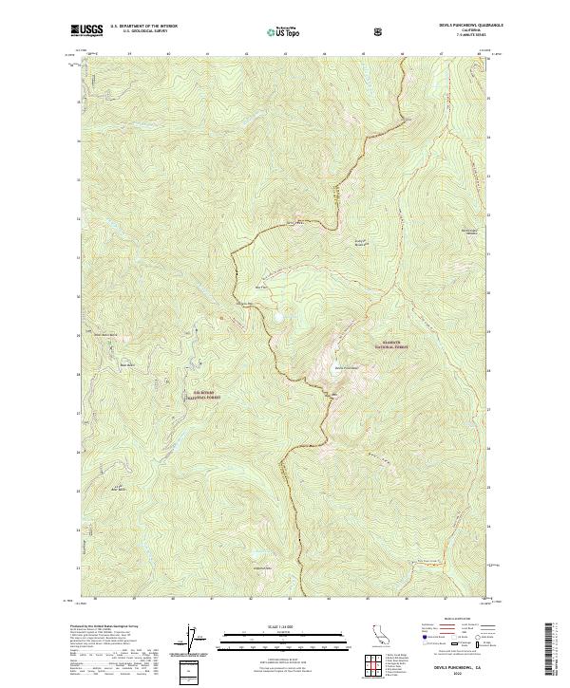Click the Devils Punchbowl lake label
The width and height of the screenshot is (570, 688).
click(346, 367)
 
